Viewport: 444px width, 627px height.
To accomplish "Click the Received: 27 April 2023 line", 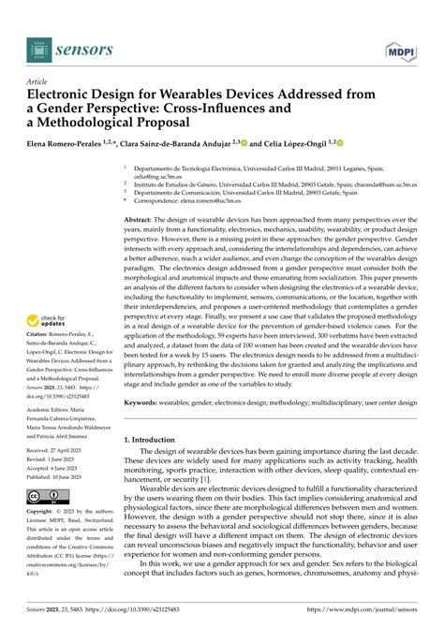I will coord(63,449).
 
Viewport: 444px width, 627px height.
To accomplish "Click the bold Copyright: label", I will coord(47,513).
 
